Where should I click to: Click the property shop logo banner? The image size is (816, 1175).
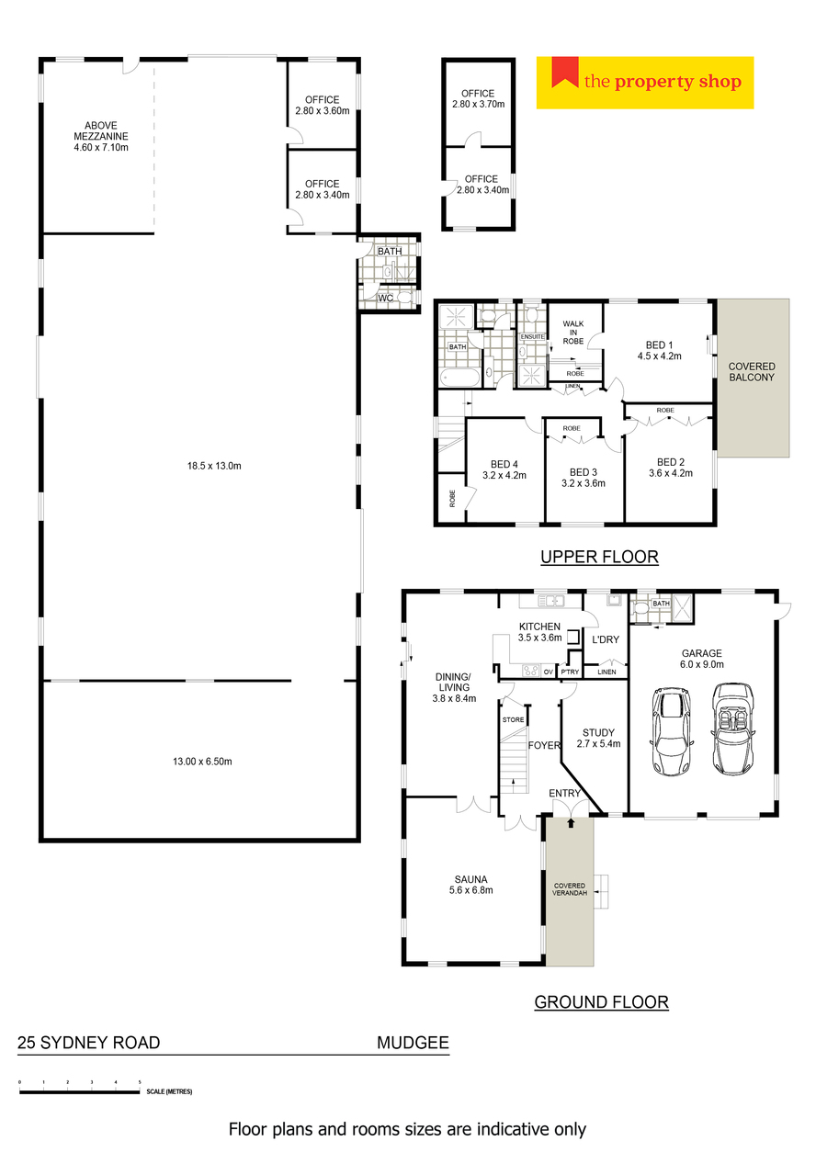[644, 83]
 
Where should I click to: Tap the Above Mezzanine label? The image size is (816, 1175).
[101, 136]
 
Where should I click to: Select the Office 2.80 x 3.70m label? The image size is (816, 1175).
[478, 98]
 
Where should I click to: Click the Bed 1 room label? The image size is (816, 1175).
[659, 350]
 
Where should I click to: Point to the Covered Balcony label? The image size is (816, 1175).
[752, 371]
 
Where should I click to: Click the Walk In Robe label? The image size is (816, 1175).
[573, 333]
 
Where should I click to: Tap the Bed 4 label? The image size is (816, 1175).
[504, 469]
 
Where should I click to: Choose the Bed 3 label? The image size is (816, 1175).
[583, 478]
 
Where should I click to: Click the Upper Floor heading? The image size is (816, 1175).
[599, 557]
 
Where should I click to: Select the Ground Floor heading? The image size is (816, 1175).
[601, 1002]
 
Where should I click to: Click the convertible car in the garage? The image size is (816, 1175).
[732, 729]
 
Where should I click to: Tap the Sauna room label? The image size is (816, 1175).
[470, 885]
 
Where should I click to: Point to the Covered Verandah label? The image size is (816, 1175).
[570, 889]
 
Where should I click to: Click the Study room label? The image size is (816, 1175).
[598, 738]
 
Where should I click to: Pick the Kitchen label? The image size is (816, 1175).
[539, 631]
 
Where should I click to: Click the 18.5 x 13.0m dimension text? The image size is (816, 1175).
[214, 466]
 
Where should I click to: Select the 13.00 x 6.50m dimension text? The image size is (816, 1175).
[202, 761]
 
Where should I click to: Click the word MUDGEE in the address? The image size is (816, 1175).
[413, 1043]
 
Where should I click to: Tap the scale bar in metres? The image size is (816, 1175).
[80, 1091]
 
